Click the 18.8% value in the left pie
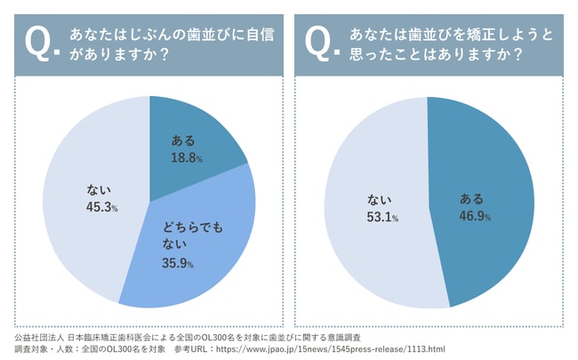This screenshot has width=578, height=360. (x=187, y=156)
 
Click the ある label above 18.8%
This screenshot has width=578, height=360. (x=181, y=140)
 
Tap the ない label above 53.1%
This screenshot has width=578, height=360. (x=378, y=201)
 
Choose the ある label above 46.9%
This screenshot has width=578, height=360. (x=471, y=200)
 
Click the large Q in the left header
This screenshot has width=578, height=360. (x=38, y=41)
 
